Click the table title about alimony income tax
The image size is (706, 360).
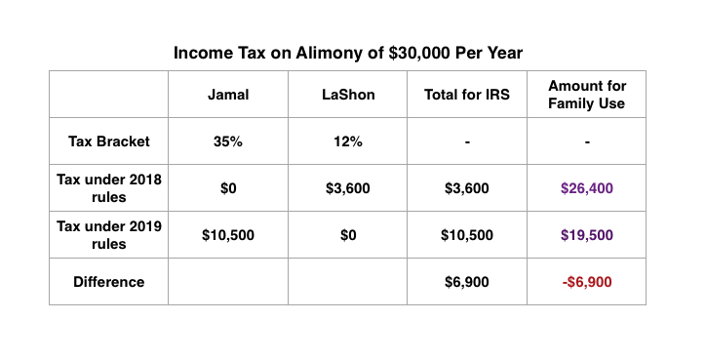[348, 53]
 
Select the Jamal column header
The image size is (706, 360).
[227, 95]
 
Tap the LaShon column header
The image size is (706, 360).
[348, 95]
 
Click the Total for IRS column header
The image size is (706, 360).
[468, 95]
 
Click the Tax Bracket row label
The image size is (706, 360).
[108, 141]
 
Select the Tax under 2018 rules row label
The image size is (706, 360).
[108, 188]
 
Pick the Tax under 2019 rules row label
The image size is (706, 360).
[108, 235]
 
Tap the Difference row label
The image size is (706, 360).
[108, 282]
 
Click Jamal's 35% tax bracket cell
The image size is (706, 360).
[227, 141]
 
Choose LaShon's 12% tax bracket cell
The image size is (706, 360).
[348, 141]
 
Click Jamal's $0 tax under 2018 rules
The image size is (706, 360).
[227, 188]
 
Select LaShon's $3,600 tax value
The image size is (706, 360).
[348, 188]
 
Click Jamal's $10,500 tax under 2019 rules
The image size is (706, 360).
[227, 235]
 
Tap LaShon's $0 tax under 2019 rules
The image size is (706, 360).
[348, 235]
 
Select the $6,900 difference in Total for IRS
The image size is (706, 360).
[468, 282]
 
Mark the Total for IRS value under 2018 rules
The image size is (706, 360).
[468, 188]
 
